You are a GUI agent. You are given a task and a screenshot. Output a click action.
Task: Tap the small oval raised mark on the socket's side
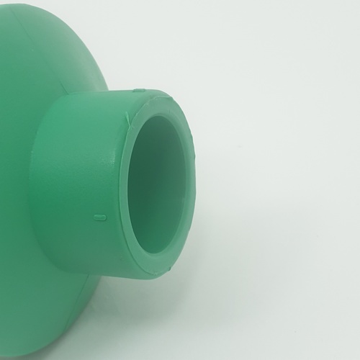coord(100,216)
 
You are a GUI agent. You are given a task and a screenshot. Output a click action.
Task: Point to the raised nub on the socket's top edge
coord(140,91)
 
